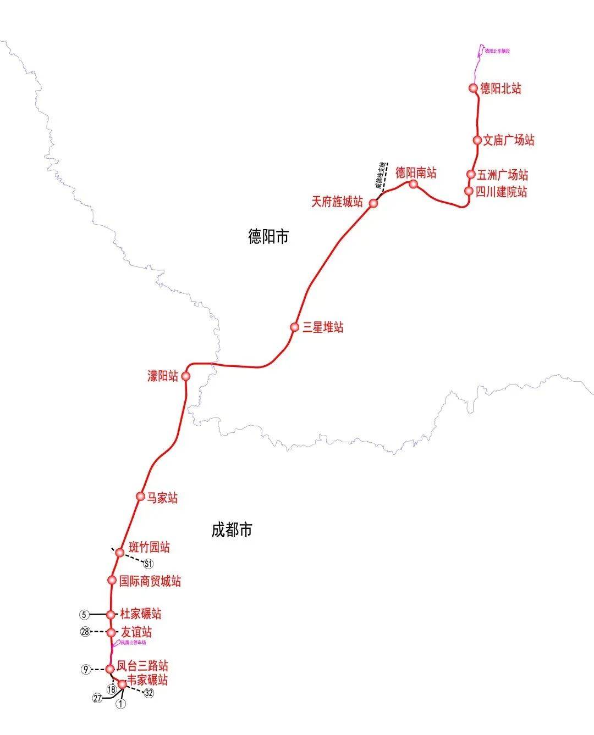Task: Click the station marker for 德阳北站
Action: pyautogui.click(x=472, y=88)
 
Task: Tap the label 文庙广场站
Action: pyautogui.click(x=508, y=140)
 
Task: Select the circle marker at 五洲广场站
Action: pyautogui.click(x=471, y=174)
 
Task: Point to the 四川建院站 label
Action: pyautogui.click(x=501, y=192)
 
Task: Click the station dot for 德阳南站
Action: pyautogui.click(x=414, y=184)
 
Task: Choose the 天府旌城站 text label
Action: pyautogui.click(x=337, y=202)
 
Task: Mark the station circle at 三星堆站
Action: pyautogui.click(x=294, y=327)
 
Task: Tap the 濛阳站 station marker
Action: pyautogui.click(x=185, y=376)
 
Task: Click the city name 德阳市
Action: pyautogui.click(x=268, y=237)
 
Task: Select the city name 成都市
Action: pyautogui.click(x=232, y=530)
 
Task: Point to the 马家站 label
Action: pyautogui.click(x=162, y=498)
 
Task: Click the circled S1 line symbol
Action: pyautogui.click(x=148, y=564)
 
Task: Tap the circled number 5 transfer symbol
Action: pyautogui.click(x=84, y=614)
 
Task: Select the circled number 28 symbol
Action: pyautogui.click(x=85, y=632)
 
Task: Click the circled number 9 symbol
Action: pyautogui.click(x=85, y=669)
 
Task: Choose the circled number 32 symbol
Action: pyautogui.click(x=148, y=693)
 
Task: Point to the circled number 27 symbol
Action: pyautogui.click(x=97, y=698)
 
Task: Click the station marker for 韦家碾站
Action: pyautogui.click(x=122, y=684)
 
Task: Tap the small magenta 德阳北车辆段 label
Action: pyautogui.click(x=498, y=51)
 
